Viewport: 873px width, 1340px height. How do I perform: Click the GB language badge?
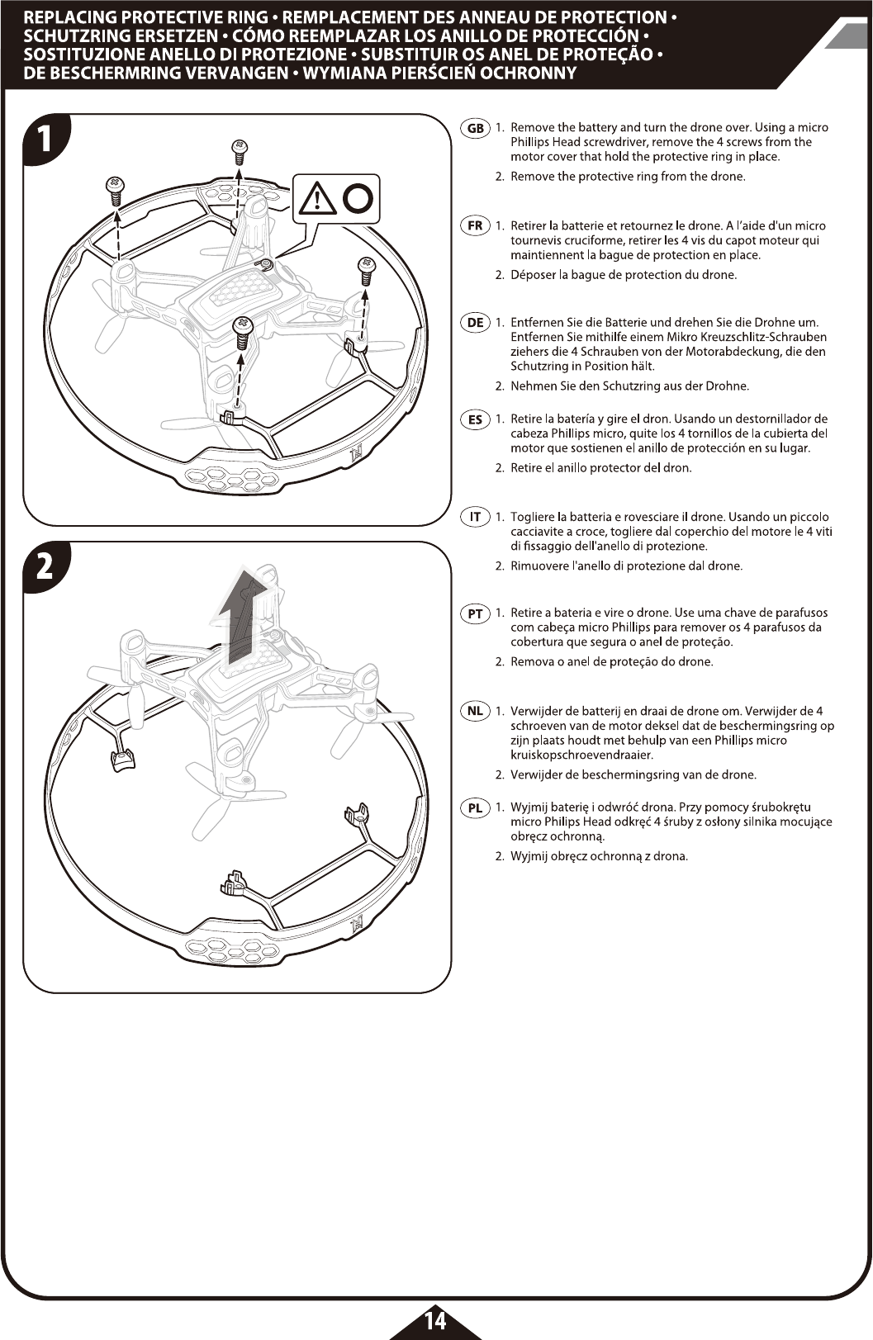point(475,128)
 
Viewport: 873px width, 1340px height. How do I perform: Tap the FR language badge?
point(475,225)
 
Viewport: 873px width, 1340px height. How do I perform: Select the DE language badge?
point(475,323)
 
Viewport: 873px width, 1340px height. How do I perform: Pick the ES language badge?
point(475,419)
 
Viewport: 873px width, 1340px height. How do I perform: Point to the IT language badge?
point(475,517)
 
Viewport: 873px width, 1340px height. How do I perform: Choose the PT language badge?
point(475,613)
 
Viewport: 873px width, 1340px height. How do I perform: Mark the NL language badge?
point(475,711)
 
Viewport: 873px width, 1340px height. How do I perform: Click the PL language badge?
point(475,807)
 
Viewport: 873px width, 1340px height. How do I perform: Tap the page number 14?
point(435,1321)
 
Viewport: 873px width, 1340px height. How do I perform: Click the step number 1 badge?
point(43,138)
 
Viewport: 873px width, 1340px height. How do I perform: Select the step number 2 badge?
point(43,566)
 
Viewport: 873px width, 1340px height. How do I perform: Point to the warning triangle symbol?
point(318,199)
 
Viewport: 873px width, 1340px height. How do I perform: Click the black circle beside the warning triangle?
point(358,199)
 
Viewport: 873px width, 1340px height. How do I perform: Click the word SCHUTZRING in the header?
point(72,36)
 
